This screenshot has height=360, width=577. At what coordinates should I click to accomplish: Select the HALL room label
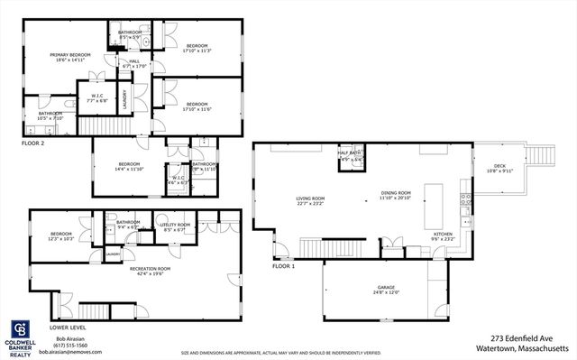(x=134, y=64)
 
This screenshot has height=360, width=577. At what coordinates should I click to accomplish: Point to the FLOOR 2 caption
(x=33, y=143)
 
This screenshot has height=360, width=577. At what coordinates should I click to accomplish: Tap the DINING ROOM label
(x=395, y=195)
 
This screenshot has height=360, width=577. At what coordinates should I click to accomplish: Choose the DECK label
(x=499, y=168)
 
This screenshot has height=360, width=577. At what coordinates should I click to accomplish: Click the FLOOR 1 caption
(x=284, y=267)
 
